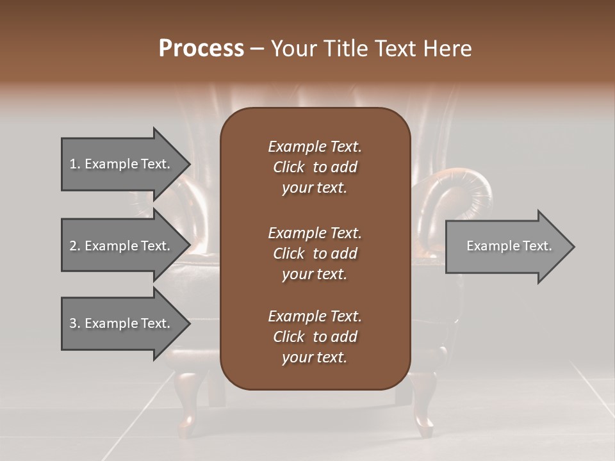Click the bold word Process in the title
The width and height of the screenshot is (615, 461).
pos(201,49)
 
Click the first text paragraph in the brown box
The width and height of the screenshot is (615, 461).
pos(315,167)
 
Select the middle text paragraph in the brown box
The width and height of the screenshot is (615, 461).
pos(315,254)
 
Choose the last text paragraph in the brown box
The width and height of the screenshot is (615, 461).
pos(315,337)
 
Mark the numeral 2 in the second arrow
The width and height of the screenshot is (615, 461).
pos(72,246)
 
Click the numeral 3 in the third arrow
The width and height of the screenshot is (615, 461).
pos(72,323)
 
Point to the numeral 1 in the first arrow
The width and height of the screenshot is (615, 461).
pos(72,164)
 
